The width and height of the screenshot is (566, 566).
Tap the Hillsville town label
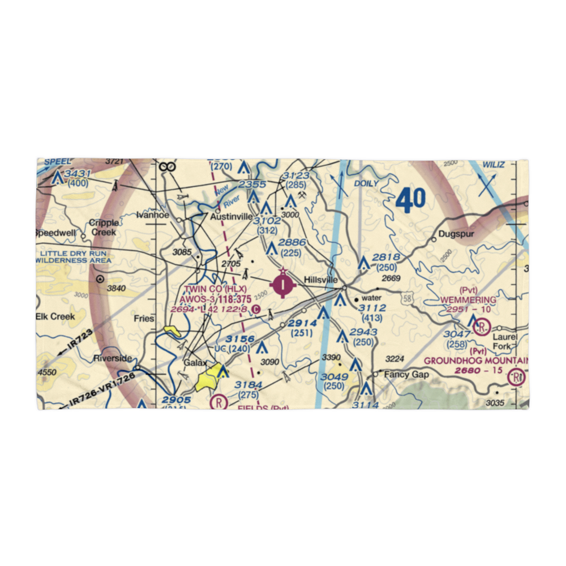321,280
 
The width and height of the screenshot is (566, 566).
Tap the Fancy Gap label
403,375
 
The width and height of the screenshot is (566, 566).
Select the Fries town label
144,319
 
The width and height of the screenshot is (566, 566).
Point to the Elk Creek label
55,316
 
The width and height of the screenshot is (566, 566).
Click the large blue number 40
410,201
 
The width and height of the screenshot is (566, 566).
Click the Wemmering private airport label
469,299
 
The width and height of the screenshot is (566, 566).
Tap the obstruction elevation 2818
386,258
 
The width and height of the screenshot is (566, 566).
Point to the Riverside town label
113,358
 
